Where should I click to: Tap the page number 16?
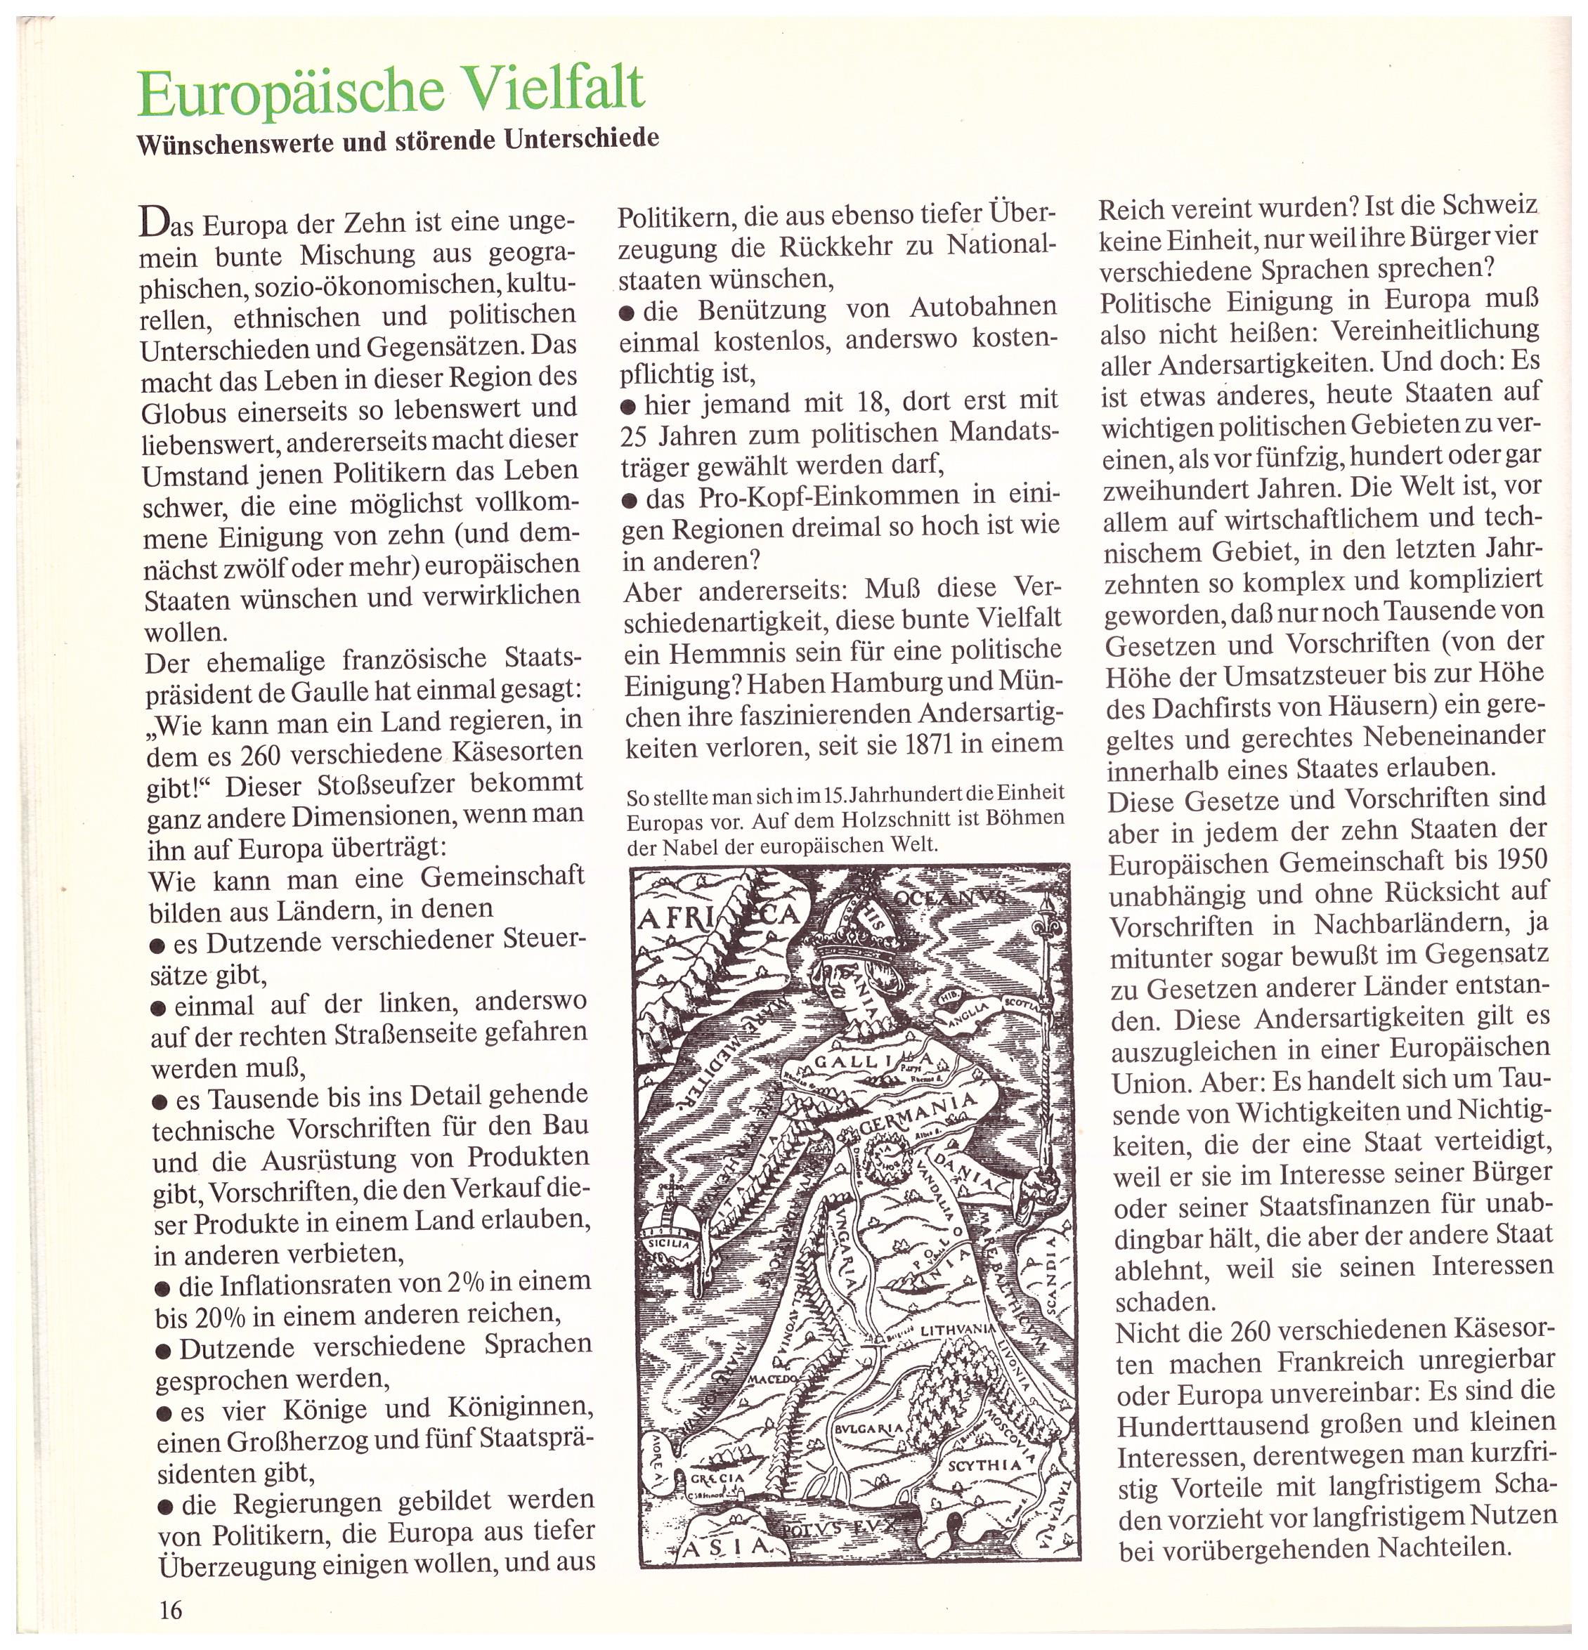[x=170, y=1609]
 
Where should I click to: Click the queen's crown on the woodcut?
[x=842, y=926]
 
